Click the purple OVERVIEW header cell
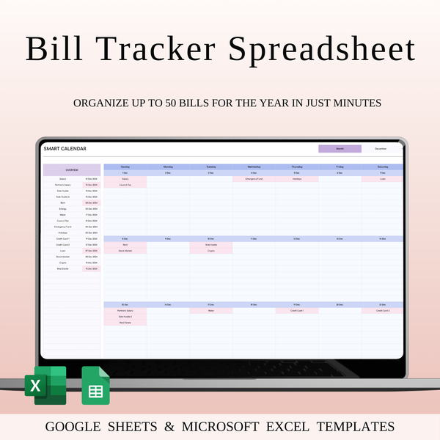click(72, 169)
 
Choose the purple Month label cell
click(340, 149)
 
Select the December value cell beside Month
click(381, 149)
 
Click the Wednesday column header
click(254, 166)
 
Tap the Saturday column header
click(383, 166)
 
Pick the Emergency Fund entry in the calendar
click(254, 178)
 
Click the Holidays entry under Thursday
click(297, 178)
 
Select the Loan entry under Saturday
click(383, 178)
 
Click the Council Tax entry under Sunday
click(125, 185)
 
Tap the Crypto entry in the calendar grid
click(210, 251)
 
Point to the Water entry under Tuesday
click(210, 310)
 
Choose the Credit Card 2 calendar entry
click(383, 310)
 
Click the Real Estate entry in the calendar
click(125, 323)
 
